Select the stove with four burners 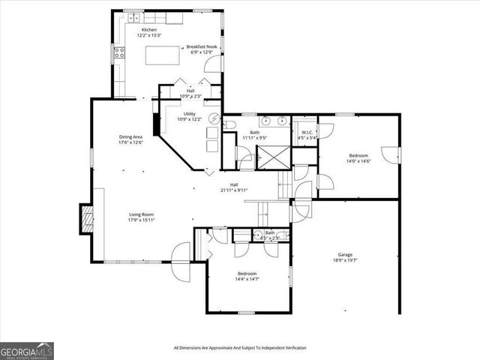point(118,52)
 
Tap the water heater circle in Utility point(213,118)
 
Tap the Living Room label point(141,214)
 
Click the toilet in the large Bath point(229,124)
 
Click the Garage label point(345,254)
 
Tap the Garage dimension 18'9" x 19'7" point(345,260)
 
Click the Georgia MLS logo point(27,351)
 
